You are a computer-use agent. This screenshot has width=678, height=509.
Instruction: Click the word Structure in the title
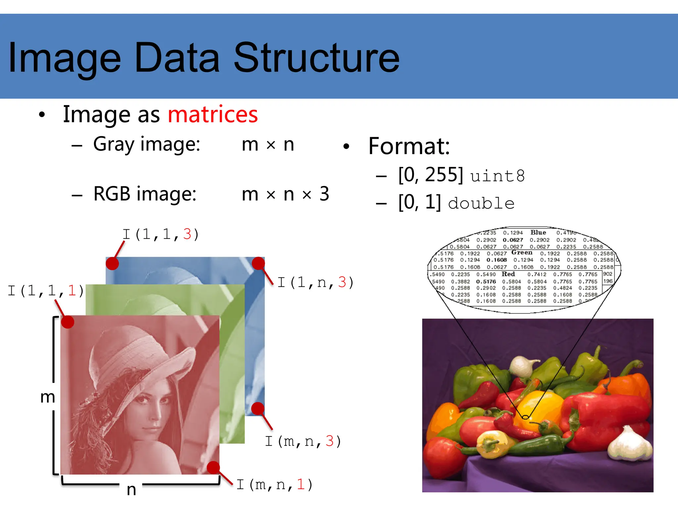pyautogui.click(x=317, y=58)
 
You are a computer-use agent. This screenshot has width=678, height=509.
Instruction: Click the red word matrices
pyautogui.click(x=213, y=114)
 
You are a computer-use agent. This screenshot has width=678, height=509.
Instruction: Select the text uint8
pyautogui.click(x=497, y=176)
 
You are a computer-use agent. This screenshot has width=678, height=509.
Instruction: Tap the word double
pyautogui.click(x=481, y=203)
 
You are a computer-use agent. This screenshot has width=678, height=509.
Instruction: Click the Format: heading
pyautogui.click(x=409, y=146)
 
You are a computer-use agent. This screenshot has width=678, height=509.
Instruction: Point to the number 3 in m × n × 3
pyautogui.click(x=324, y=194)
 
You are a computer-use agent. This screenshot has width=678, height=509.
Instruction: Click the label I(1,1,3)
pyautogui.click(x=161, y=234)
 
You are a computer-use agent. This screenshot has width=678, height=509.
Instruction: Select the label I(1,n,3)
pyautogui.click(x=315, y=282)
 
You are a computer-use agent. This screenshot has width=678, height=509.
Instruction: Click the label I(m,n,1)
pyautogui.click(x=274, y=484)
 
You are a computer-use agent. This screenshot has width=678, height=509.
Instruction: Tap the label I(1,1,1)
pyautogui.click(x=46, y=291)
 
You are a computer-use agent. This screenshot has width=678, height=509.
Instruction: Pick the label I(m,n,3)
pyautogui.click(x=303, y=441)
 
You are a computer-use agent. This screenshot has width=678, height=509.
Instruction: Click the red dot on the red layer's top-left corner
pyautogui.click(x=68, y=322)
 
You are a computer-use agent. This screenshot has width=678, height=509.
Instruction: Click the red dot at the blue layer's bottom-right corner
pyautogui.click(x=258, y=409)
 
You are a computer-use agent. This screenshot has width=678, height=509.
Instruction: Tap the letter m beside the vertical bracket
pyautogui.click(x=47, y=397)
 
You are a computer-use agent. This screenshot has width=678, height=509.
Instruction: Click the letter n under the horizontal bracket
pyautogui.click(x=131, y=490)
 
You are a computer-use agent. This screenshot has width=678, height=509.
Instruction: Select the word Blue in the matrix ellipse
pyautogui.click(x=538, y=233)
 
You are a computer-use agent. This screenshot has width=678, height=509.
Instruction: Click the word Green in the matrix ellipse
pyautogui.click(x=522, y=253)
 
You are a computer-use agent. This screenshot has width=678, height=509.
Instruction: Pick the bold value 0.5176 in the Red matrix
pyautogui.click(x=486, y=282)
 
